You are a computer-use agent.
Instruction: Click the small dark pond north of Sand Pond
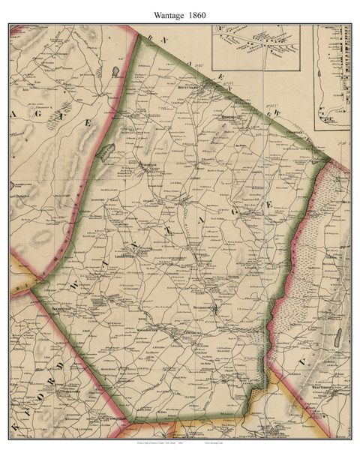pyautogui.click(x=114, y=71)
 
